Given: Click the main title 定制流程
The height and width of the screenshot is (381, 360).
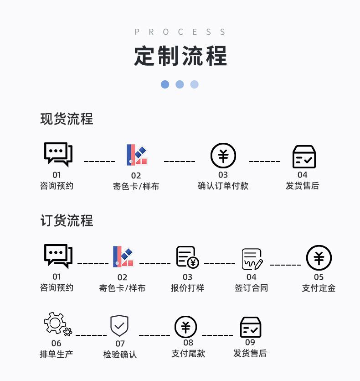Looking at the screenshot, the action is click(x=180, y=56).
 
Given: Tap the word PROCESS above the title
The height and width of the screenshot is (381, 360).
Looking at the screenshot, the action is click(x=180, y=32).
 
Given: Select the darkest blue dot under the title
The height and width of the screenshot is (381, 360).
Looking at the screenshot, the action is click(x=165, y=84).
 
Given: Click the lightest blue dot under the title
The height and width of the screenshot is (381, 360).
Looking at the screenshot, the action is click(x=194, y=84).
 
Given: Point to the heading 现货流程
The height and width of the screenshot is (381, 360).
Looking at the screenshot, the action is click(x=67, y=119).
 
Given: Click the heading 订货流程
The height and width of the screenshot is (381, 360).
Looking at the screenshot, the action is click(x=67, y=220).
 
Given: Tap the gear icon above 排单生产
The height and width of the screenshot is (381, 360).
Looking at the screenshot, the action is click(x=58, y=324).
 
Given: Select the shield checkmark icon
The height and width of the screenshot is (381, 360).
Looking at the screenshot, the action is click(x=119, y=326).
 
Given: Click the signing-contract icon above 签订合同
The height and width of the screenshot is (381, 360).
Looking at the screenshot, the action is click(x=252, y=259).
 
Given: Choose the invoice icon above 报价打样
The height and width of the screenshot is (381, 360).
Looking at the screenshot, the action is click(x=187, y=257).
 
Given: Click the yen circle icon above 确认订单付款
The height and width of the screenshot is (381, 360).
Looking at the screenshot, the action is click(x=223, y=156).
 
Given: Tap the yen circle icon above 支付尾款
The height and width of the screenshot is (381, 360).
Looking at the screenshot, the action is click(x=186, y=327).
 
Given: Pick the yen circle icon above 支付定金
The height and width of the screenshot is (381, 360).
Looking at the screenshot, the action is click(x=319, y=258).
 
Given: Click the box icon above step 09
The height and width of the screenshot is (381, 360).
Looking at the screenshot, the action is click(x=251, y=327).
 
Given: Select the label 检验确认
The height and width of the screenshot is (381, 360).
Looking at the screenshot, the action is click(x=120, y=355).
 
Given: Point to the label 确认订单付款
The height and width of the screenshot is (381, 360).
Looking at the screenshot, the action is click(x=223, y=186).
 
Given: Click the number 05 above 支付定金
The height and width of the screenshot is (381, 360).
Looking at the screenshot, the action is click(x=319, y=277).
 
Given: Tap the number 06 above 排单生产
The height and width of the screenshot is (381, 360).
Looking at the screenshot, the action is click(x=57, y=343).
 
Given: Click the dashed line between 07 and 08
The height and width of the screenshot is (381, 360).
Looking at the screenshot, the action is click(x=154, y=335).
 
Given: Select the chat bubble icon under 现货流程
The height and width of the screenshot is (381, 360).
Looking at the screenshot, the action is click(x=58, y=155).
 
